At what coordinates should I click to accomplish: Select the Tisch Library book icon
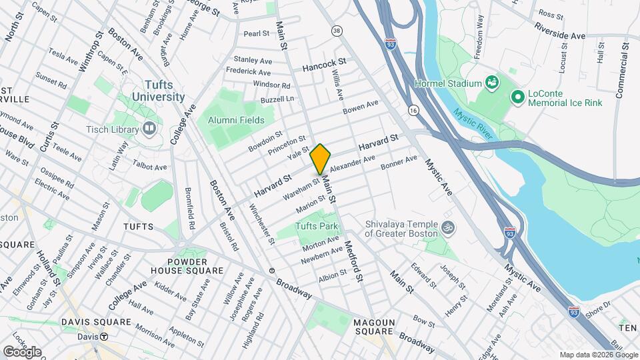pos(149,128)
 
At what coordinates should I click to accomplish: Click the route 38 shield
pos(337,31)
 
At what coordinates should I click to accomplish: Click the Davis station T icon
pos(104,337)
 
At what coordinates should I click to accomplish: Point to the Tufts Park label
pos(317,227)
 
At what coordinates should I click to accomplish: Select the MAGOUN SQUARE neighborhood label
pos(375,327)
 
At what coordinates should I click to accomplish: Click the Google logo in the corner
pos(22,351)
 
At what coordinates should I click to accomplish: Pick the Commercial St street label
pos(621,71)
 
